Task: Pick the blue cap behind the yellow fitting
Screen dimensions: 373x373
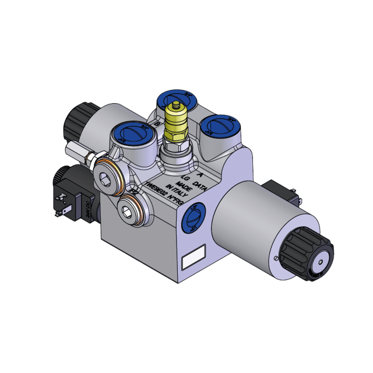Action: tap(177, 98)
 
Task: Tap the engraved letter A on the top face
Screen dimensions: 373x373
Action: tap(200, 174)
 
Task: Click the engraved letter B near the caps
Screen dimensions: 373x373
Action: tap(156, 124)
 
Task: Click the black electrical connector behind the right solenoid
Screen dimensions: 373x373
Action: tap(281, 193)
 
